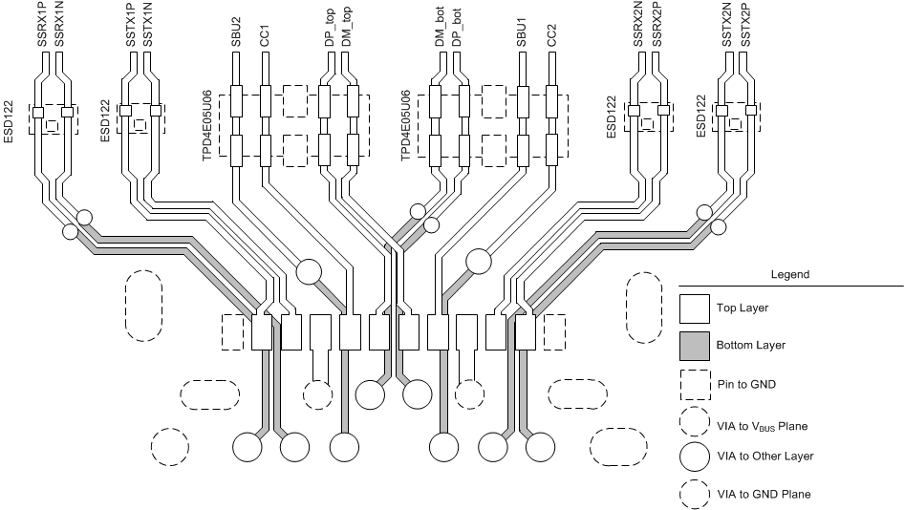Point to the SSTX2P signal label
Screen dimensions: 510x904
(745, 25)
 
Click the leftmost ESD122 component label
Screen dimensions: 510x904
(10, 122)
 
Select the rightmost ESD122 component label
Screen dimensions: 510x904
(702, 117)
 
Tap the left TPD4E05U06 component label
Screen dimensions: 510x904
(207, 124)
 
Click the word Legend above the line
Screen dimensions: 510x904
(790, 274)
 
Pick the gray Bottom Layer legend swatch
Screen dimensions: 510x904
(694, 345)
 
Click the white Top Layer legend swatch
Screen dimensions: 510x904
(694, 308)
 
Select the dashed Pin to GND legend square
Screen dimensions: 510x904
(694, 384)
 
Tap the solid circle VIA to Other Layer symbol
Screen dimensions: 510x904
(694, 457)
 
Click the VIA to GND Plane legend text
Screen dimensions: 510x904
(764, 494)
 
